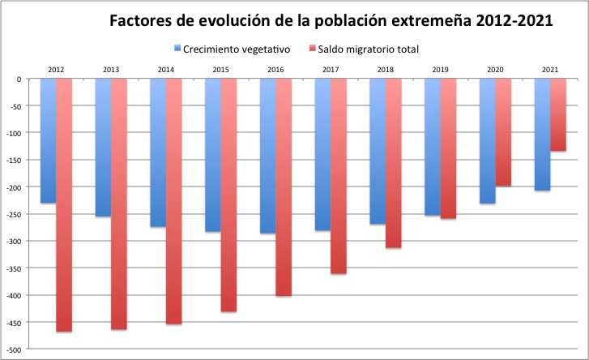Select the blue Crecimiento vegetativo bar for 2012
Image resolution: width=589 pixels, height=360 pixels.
48,141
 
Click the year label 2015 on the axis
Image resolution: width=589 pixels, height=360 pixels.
221,70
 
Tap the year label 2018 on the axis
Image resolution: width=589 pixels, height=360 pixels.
386,70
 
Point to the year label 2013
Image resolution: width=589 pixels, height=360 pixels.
111,70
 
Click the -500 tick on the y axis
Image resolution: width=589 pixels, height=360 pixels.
15,349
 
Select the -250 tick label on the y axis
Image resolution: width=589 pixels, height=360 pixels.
15,215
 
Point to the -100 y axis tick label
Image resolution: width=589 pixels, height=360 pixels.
15,134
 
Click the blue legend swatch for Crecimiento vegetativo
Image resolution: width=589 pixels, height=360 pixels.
178,49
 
